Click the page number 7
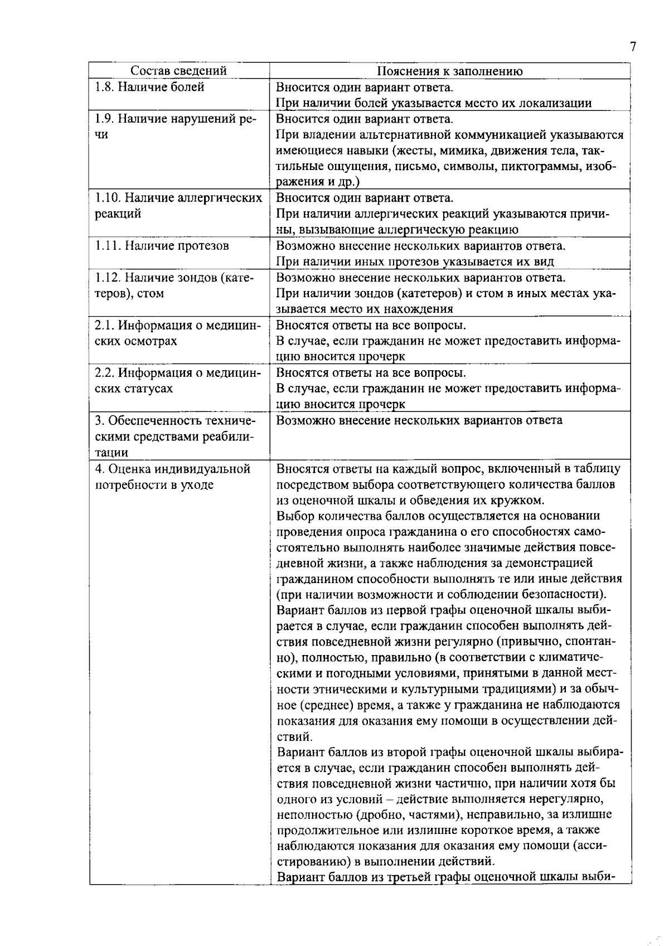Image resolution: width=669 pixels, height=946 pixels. click(x=633, y=47)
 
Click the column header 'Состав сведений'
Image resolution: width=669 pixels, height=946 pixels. click(x=178, y=71)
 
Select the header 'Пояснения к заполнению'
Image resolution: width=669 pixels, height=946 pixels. click(x=449, y=71)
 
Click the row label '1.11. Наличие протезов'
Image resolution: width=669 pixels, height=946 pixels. click(x=162, y=246)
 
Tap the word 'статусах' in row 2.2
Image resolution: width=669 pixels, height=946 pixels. click(x=150, y=389)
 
